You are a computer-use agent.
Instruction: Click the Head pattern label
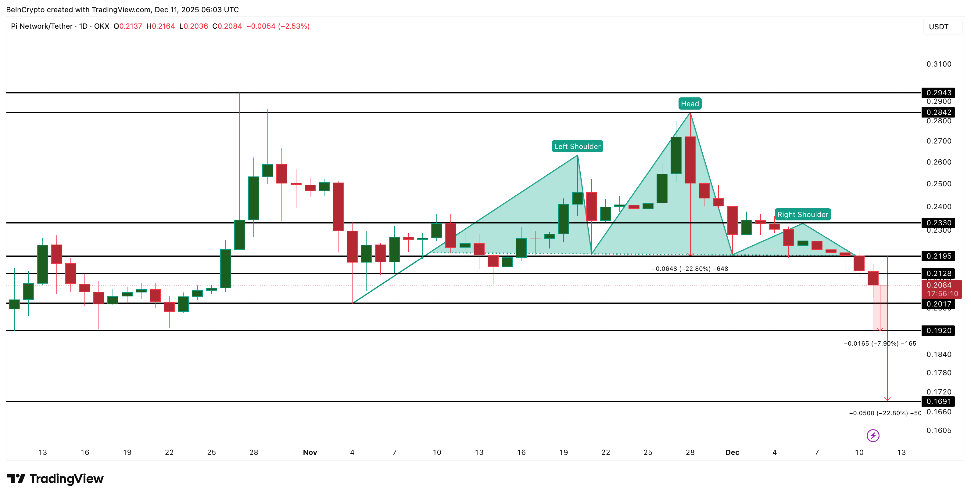coord(690,104)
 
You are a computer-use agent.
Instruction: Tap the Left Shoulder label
coord(577,147)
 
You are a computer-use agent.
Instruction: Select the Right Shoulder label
coord(802,215)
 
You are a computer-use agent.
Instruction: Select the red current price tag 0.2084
coord(941,289)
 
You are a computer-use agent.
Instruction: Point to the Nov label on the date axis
coord(310,452)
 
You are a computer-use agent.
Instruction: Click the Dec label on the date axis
coord(732,452)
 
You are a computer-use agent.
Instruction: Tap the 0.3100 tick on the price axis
coord(939,64)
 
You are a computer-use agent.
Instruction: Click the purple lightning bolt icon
coord(872,436)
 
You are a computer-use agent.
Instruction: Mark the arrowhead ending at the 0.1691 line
coord(887,399)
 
